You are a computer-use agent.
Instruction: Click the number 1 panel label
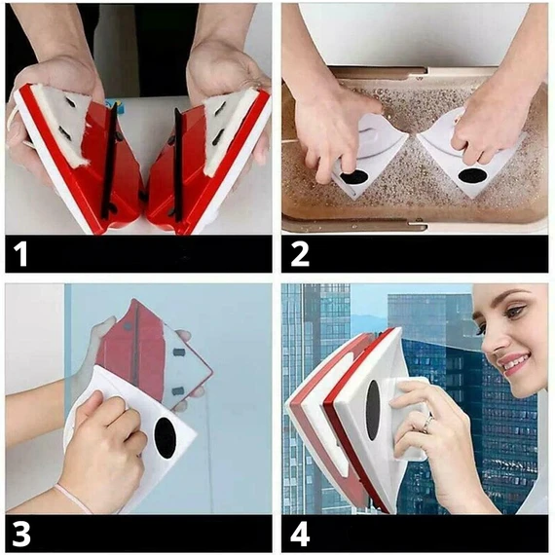pos(20,253)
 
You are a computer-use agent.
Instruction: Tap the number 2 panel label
pos(300,253)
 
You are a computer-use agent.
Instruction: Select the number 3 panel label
pos(21,534)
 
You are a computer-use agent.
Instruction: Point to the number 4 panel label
pos(300,534)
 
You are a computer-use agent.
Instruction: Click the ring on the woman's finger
pos(428,424)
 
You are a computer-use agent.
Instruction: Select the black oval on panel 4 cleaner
pos(373,410)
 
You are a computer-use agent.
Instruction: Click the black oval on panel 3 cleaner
pos(166,438)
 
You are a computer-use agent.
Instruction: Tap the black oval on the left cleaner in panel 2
pos(354,176)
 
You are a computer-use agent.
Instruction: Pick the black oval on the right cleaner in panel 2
pos(473,175)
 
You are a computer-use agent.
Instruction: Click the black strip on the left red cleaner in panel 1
pos(109,161)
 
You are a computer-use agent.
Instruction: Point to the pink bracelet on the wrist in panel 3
pos(73,499)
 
